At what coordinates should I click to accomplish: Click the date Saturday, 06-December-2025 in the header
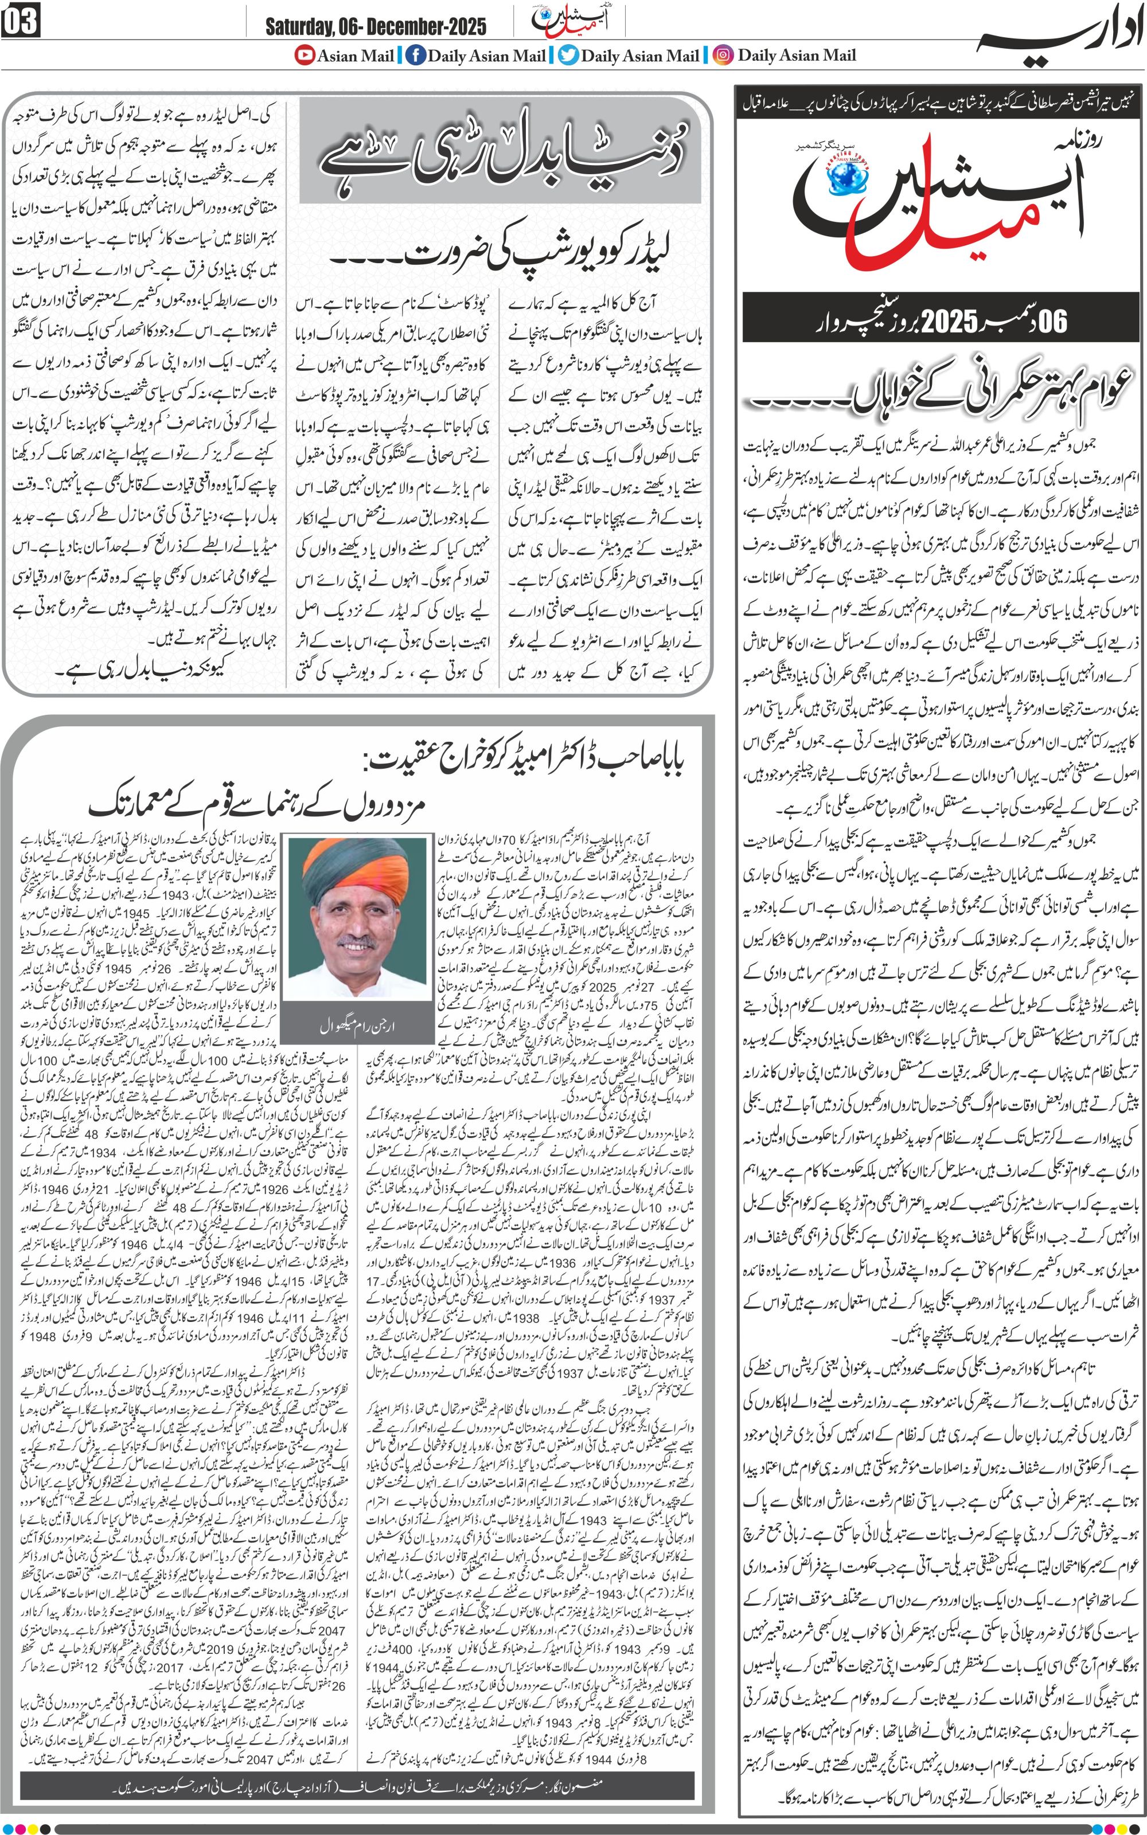pyautogui.click(x=376, y=28)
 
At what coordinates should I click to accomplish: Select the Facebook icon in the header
pyautogui.click(x=415, y=56)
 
